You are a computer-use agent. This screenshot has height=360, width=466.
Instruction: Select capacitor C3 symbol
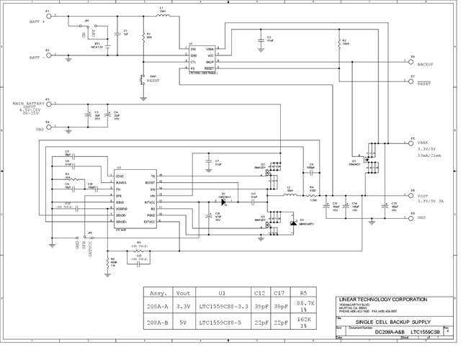tap(88, 115)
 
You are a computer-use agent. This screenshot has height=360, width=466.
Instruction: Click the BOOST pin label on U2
tap(151, 183)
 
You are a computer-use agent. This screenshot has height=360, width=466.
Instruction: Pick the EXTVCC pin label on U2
tap(148, 222)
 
